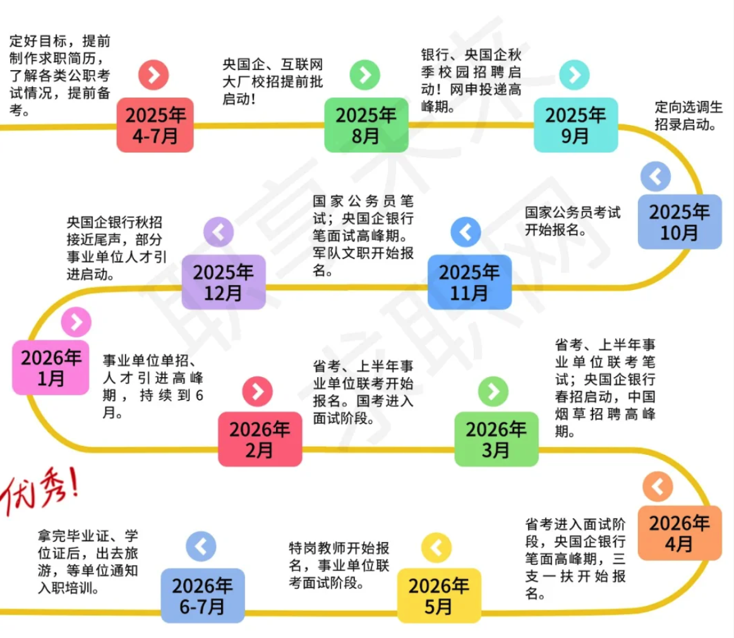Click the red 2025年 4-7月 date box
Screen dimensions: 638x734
click(x=155, y=125)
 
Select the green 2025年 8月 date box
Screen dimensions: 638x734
click(x=366, y=125)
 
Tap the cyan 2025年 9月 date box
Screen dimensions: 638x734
click(x=575, y=125)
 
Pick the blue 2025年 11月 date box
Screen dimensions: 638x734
click(x=469, y=282)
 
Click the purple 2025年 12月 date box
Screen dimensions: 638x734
click(x=224, y=282)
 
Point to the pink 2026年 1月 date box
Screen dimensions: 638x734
click(x=51, y=368)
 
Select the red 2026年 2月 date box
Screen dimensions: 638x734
click(x=260, y=439)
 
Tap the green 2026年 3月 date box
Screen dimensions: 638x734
click(x=496, y=439)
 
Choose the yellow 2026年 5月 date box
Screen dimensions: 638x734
click(x=438, y=596)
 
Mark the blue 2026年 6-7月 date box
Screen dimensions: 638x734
click(x=202, y=596)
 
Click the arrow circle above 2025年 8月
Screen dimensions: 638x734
click(x=365, y=75)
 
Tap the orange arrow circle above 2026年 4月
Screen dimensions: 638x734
click(x=658, y=487)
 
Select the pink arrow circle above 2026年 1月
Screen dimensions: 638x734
click(x=76, y=323)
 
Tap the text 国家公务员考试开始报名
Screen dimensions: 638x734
click(x=572, y=220)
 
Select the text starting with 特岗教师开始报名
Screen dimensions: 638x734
click(x=338, y=565)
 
